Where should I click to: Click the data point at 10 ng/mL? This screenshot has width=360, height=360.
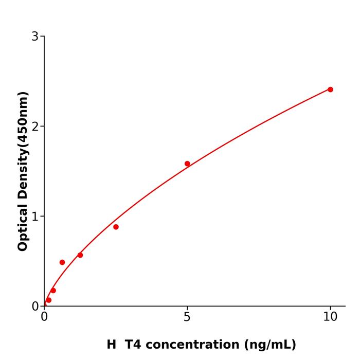(330, 89)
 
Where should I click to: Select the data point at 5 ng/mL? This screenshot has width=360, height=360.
(187, 164)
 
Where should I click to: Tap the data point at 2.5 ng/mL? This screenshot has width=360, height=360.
(116, 227)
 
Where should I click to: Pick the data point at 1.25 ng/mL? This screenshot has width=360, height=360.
(80, 255)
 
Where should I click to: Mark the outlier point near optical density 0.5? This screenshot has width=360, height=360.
(62, 262)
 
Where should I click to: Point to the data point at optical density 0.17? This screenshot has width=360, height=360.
(53, 291)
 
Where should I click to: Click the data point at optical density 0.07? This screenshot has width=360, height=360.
(49, 300)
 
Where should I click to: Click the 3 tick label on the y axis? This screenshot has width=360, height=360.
(35, 37)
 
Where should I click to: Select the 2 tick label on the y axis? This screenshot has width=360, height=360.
(35, 127)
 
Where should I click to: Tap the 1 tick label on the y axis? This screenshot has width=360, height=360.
(35, 217)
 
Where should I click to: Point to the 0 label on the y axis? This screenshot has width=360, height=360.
(35, 307)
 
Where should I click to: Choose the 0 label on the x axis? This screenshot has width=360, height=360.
(44, 317)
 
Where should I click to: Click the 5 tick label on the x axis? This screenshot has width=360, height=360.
(187, 317)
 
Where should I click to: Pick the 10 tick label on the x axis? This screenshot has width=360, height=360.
(330, 317)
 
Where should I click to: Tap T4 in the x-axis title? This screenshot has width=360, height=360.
(132, 345)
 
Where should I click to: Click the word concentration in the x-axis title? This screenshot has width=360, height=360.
(188, 345)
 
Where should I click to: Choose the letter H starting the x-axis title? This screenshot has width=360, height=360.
(112, 345)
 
